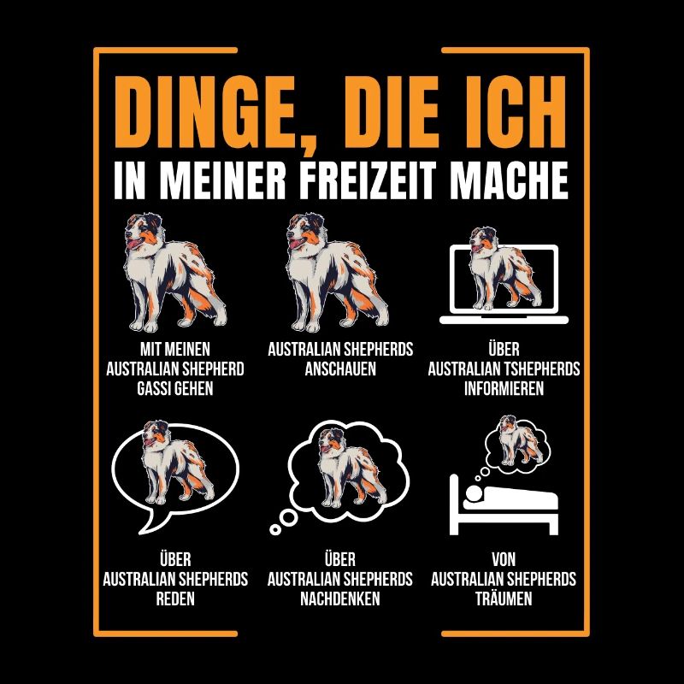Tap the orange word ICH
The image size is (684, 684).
pyautogui.click(x=513, y=113)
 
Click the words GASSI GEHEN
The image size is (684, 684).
pyautogui.click(x=175, y=389)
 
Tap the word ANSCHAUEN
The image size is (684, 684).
pyautogui.click(x=340, y=369)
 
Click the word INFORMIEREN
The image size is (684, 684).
pyautogui.click(x=504, y=389)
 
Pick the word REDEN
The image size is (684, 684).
pyautogui.click(x=175, y=598)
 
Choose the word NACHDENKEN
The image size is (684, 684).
pyautogui.click(x=339, y=598)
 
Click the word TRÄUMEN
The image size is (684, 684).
pyautogui.click(x=504, y=598)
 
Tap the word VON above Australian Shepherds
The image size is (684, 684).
pyautogui.click(x=504, y=559)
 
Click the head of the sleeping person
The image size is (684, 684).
pyautogui.click(x=474, y=493)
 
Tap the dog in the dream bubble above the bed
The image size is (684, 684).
pyautogui.click(x=520, y=440)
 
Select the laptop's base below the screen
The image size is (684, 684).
pyautogui.click(x=504, y=320)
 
